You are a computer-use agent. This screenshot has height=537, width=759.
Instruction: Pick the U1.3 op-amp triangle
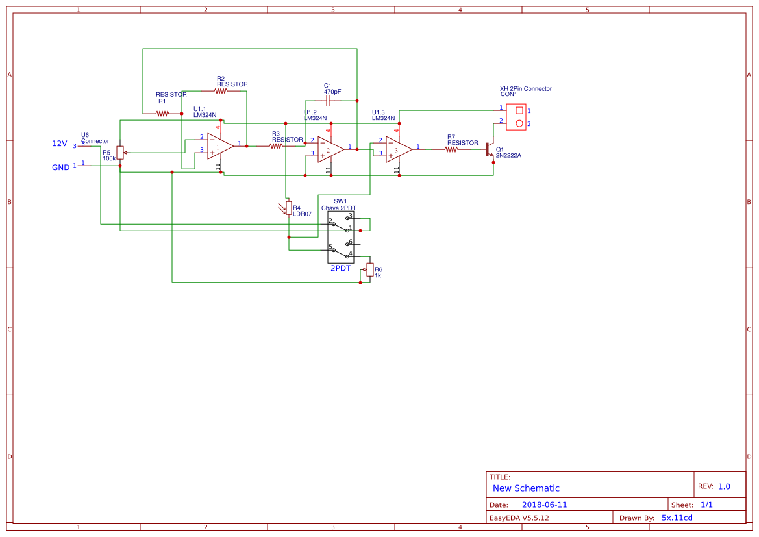click(398, 149)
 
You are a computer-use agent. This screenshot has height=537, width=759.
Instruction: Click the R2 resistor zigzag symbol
click(221, 91)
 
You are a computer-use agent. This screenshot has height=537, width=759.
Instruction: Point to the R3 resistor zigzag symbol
click(276, 146)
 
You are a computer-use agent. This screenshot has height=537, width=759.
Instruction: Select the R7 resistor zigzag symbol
click(451, 149)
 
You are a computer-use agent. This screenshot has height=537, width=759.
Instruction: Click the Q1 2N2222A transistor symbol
click(490, 150)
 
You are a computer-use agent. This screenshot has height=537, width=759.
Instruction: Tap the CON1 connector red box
click(517, 117)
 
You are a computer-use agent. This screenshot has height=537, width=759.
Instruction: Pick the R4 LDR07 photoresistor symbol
click(288, 208)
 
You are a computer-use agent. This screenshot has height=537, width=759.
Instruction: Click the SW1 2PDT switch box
click(342, 237)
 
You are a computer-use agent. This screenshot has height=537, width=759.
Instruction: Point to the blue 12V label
click(59, 144)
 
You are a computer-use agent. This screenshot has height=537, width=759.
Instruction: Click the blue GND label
click(60, 168)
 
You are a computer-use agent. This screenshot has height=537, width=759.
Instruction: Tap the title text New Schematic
click(526, 488)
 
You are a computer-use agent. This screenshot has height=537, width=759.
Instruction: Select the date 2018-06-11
click(544, 505)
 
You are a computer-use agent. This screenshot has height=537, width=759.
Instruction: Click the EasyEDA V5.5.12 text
click(519, 518)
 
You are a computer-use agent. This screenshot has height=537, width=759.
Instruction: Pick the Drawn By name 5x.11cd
click(677, 518)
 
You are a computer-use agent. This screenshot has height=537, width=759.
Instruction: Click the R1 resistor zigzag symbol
click(162, 114)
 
